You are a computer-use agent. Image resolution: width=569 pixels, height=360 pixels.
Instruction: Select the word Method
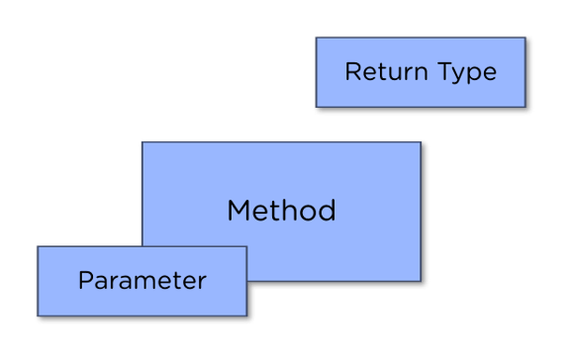(281, 211)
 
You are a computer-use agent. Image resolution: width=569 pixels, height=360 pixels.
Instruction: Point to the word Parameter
(142, 280)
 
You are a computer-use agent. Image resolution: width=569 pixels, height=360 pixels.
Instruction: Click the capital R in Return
(351, 72)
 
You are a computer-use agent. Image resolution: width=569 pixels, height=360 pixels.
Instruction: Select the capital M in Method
(237, 211)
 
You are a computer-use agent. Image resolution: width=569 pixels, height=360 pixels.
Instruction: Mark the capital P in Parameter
(84, 280)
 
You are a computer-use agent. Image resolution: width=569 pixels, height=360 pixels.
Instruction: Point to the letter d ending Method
(329, 211)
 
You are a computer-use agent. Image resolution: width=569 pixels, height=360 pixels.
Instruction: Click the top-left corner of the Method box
(142, 141)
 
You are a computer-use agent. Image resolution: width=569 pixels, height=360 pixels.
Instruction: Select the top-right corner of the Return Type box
(524, 38)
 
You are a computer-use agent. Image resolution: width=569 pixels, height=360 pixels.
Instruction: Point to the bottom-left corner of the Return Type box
(316, 107)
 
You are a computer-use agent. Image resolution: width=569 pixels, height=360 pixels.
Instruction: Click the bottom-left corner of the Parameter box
(38, 316)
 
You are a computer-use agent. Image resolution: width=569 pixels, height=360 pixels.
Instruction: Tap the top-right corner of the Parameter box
(246, 246)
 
